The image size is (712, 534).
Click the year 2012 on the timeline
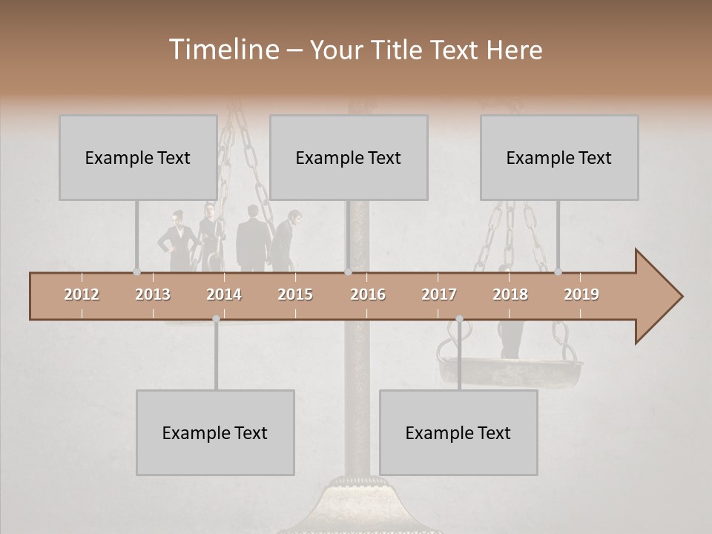(x=82, y=294)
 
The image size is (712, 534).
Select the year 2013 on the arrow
(x=153, y=294)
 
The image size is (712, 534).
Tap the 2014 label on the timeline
(x=224, y=294)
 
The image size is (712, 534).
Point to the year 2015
(x=295, y=294)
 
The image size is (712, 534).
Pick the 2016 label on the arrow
(x=368, y=294)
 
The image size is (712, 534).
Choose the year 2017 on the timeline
(x=439, y=294)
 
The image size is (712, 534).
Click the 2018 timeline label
(x=510, y=294)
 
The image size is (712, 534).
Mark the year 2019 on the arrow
(x=581, y=294)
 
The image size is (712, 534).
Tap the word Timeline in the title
(x=222, y=50)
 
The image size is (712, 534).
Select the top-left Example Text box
(x=138, y=157)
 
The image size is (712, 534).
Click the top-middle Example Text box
(x=349, y=157)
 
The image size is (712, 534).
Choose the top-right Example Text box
(x=559, y=157)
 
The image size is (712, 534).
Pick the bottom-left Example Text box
(x=215, y=432)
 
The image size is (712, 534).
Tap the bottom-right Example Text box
(x=458, y=432)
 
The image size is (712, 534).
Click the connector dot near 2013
(x=136, y=271)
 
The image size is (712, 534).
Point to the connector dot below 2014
(x=216, y=319)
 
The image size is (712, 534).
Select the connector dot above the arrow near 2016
(x=348, y=271)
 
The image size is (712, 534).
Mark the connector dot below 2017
(x=459, y=319)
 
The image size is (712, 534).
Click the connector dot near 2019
(x=558, y=271)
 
